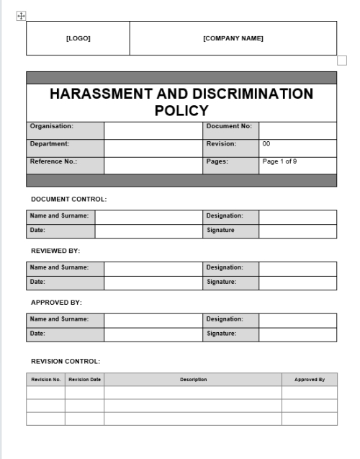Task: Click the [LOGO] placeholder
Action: tap(78, 38)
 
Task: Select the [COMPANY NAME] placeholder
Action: tap(233, 38)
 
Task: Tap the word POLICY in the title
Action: tap(181, 110)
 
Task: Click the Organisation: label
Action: tap(52, 127)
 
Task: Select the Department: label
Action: tap(50, 144)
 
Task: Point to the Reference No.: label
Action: tap(53, 161)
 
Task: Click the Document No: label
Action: tap(228, 127)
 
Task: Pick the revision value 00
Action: tap(266, 144)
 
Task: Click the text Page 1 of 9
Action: tap(279, 161)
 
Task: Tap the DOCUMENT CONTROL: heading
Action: tap(69, 197)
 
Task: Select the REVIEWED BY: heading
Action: tap(55, 250)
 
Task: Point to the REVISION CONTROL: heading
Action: tap(66, 360)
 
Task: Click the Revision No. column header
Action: tap(45, 379)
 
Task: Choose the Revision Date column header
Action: tap(84, 379)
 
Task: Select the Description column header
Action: tap(193, 379)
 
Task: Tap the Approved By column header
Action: tap(309, 379)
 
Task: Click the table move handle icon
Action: tap(21, 15)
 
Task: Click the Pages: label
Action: tap(217, 161)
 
